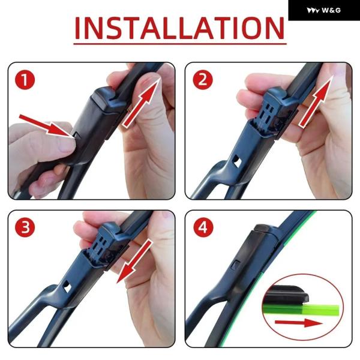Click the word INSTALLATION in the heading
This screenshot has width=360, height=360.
179,28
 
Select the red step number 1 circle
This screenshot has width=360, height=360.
25,80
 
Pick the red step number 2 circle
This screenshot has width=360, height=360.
203,80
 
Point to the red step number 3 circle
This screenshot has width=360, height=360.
25,227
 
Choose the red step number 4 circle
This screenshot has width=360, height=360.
203,227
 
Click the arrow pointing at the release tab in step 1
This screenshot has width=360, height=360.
47,126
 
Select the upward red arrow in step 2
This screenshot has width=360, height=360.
316,101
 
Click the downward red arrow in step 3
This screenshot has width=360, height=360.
134,262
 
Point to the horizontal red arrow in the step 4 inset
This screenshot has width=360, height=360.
298,323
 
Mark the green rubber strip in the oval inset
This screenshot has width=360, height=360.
301,310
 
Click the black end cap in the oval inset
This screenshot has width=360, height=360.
286,295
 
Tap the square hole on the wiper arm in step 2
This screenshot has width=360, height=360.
236,160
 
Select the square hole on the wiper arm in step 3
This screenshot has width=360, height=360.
67,287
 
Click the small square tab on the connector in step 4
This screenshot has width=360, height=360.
236,265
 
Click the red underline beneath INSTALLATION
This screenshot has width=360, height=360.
180,44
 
